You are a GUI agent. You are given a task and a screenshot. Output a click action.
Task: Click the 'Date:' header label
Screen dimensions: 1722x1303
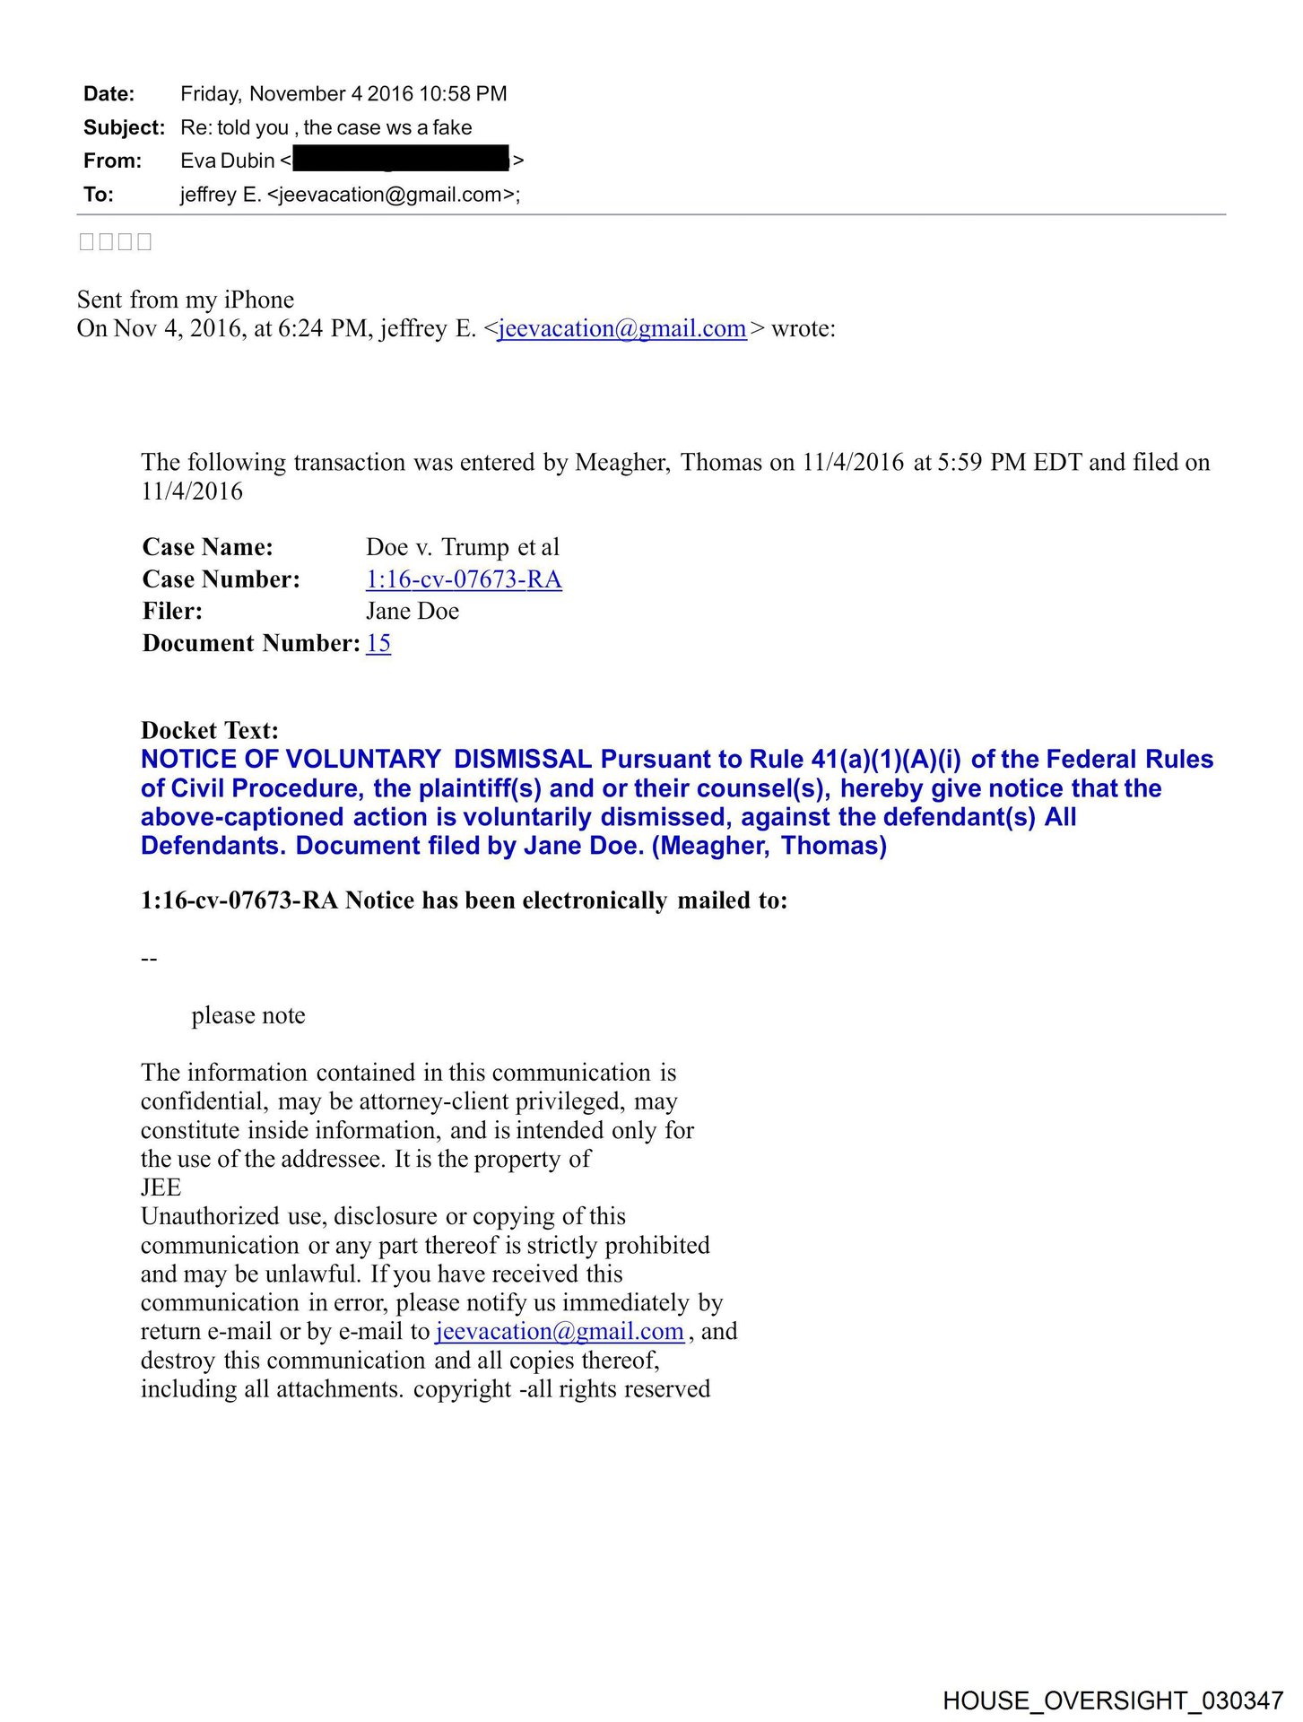tap(109, 94)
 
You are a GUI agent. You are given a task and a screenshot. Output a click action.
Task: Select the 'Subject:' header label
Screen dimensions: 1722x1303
tap(124, 127)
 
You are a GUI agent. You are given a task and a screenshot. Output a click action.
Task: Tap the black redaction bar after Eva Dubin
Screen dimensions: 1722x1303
tap(401, 161)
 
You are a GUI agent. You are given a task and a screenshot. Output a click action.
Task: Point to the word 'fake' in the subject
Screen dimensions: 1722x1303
tap(452, 127)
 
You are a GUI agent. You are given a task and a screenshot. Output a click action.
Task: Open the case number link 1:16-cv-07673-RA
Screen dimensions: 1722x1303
tap(464, 579)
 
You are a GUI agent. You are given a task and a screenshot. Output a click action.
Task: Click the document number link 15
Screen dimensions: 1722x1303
tap(378, 643)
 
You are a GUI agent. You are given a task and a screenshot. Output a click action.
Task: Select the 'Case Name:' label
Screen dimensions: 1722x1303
tap(207, 547)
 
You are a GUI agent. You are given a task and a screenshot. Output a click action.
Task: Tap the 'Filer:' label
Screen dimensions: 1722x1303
tap(172, 611)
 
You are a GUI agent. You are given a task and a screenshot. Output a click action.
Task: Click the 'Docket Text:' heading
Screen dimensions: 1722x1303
tap(210, 730)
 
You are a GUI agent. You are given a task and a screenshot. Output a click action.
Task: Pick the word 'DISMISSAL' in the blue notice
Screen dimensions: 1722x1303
tap(522, 759)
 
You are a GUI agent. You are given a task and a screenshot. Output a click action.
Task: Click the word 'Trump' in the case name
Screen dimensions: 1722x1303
tap(475, 547)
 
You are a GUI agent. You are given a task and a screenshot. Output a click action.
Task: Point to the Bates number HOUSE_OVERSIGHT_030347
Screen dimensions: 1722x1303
tap(1113, 1700)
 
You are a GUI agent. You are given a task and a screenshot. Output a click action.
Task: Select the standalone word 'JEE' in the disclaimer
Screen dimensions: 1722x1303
tap(161, 1187)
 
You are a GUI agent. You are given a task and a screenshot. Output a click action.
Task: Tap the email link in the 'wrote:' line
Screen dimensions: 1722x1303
tap(621, 328)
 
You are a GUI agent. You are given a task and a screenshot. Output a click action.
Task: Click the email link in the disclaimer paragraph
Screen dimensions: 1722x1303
tap(560, 1331)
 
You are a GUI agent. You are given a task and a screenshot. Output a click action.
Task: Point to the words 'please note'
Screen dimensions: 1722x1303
tap(248, 1015)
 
